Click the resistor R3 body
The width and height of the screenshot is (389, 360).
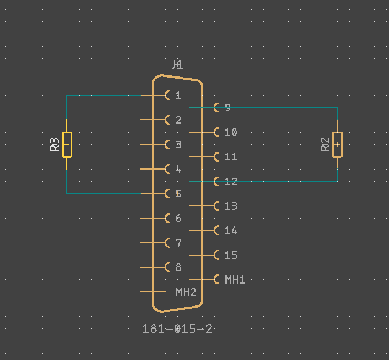[67, 144]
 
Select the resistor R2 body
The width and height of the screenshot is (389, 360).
[337, 144]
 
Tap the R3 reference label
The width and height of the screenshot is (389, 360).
[55, 144]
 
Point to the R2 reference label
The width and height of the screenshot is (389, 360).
[325, 144]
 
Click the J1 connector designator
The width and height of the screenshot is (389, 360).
[177, 65]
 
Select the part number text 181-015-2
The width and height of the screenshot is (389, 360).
[177, 329]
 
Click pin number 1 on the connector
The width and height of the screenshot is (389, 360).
[178, 96]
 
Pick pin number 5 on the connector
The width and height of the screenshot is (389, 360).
[178, 194]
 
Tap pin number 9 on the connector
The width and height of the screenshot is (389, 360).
[228, 108]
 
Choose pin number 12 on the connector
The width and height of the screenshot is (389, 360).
[231, 181]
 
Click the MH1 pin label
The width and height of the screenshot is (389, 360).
[235, 279]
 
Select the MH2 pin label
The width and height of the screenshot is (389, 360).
[186, 292]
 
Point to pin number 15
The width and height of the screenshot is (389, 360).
[231, 255]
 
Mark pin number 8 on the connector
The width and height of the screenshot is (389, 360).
[178, 267]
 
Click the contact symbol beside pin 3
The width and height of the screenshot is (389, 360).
[168, 144]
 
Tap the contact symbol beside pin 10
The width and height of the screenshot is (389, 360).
[216, 132]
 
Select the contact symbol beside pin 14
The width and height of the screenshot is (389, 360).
[216, 231]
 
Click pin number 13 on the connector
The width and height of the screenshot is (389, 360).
[231, 206]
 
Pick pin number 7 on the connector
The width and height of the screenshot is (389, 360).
[178, 243]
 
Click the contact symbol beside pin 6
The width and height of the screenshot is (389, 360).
[168, 218]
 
